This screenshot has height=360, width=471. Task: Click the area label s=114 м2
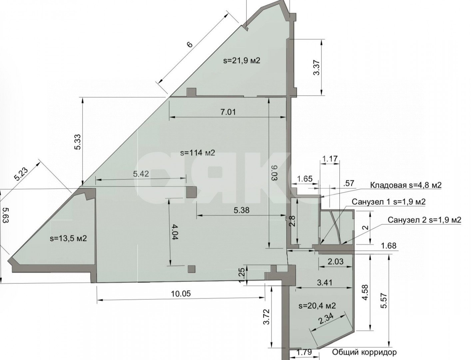(198, 153)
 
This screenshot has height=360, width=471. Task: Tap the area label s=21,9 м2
(241, 60)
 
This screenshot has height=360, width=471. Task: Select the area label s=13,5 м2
(68, 238)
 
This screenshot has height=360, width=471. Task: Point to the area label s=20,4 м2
(317, 305)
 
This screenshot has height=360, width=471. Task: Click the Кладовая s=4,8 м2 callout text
(406, 185)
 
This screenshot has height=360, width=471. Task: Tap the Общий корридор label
(364, 352)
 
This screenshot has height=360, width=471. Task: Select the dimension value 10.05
(181, 293)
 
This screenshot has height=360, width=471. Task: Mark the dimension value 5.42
(141, 174)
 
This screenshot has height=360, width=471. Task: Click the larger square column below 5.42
(191, 192)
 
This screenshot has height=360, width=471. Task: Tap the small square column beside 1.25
(192, 269)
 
